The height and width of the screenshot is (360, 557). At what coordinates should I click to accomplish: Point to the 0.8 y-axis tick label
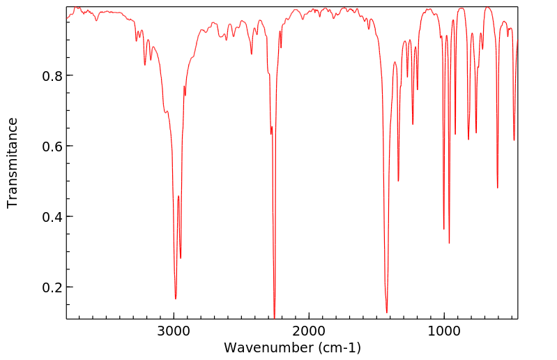(x=47, y=75)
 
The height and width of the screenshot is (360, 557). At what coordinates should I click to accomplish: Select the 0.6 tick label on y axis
(x=47, y=147)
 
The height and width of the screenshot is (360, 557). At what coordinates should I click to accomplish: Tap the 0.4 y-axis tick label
(x=47, y=217)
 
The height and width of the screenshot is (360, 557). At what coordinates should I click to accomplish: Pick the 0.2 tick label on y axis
(x=47, y=287)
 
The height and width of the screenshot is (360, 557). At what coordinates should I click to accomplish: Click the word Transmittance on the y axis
(x=13, y=163)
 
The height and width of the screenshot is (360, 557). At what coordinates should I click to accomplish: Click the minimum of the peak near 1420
(x=387, y=313)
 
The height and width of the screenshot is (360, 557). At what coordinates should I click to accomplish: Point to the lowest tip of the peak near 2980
(x=176, y=299)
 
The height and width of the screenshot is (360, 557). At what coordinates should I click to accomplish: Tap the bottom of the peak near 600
(x=497, y=188)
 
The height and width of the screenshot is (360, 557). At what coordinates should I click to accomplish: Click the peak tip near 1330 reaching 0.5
(x=398, y=181)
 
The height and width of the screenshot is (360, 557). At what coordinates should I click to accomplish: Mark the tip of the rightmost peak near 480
(x=514, y=140)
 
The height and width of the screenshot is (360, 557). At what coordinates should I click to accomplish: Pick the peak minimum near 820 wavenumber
(x=468, y=140)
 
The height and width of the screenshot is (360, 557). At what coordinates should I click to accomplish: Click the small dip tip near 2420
(x=252, y=54)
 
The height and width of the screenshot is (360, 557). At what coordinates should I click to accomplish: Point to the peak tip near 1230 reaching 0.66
(x=413, y=124)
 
